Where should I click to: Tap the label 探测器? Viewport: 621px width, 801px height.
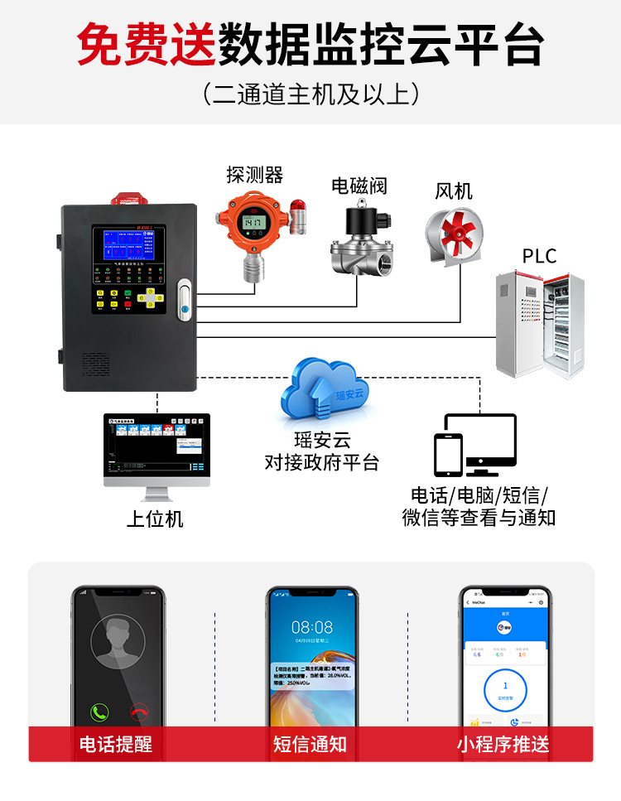coord(255,174)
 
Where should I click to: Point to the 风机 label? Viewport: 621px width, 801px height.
coord(454,191)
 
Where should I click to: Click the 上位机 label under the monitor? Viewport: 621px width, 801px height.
coord(155,519)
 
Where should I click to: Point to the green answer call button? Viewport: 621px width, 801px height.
coord(100,712)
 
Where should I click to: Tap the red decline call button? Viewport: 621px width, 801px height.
coord(140,712)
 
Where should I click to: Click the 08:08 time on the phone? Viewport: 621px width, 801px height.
coord(312,627)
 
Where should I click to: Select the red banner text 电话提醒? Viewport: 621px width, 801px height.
coord(116,744)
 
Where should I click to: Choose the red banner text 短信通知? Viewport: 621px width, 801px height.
coord(310,744)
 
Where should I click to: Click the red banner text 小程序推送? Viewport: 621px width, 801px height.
coord(503,744)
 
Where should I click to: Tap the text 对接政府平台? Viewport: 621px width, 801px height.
coord(322,462)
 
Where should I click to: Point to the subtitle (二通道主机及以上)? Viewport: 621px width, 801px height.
coord(310,93)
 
